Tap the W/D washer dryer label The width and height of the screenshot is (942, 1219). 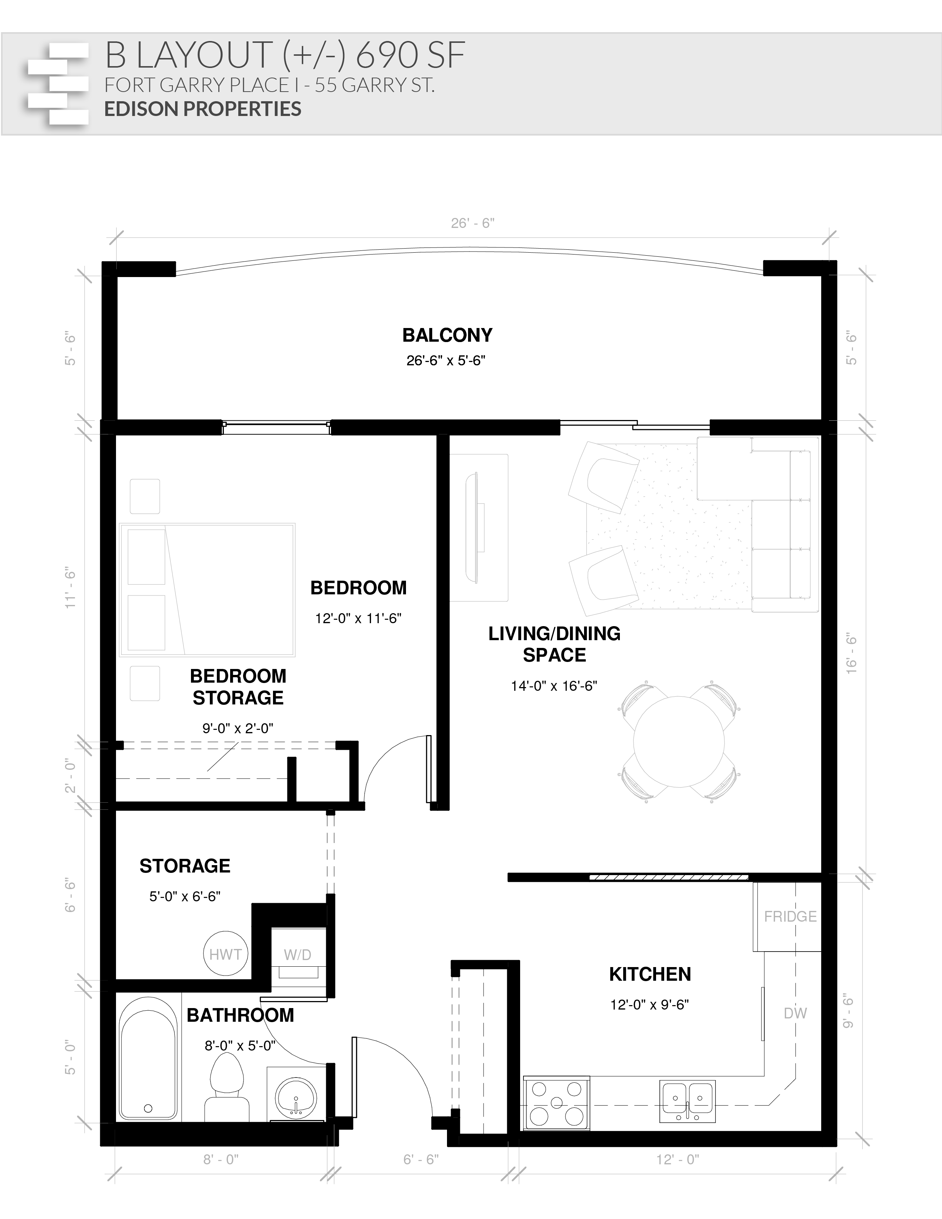(x=297, y=955)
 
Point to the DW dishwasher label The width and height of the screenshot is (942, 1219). (x=795, y=1013)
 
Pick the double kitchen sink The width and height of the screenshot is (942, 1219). (x=687, y=1101)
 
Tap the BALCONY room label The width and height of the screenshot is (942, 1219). (x=448, y=335)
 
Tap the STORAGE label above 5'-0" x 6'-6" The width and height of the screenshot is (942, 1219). (x=185, y=866)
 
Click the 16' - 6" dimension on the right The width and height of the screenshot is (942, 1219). (x=851, y=653)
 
